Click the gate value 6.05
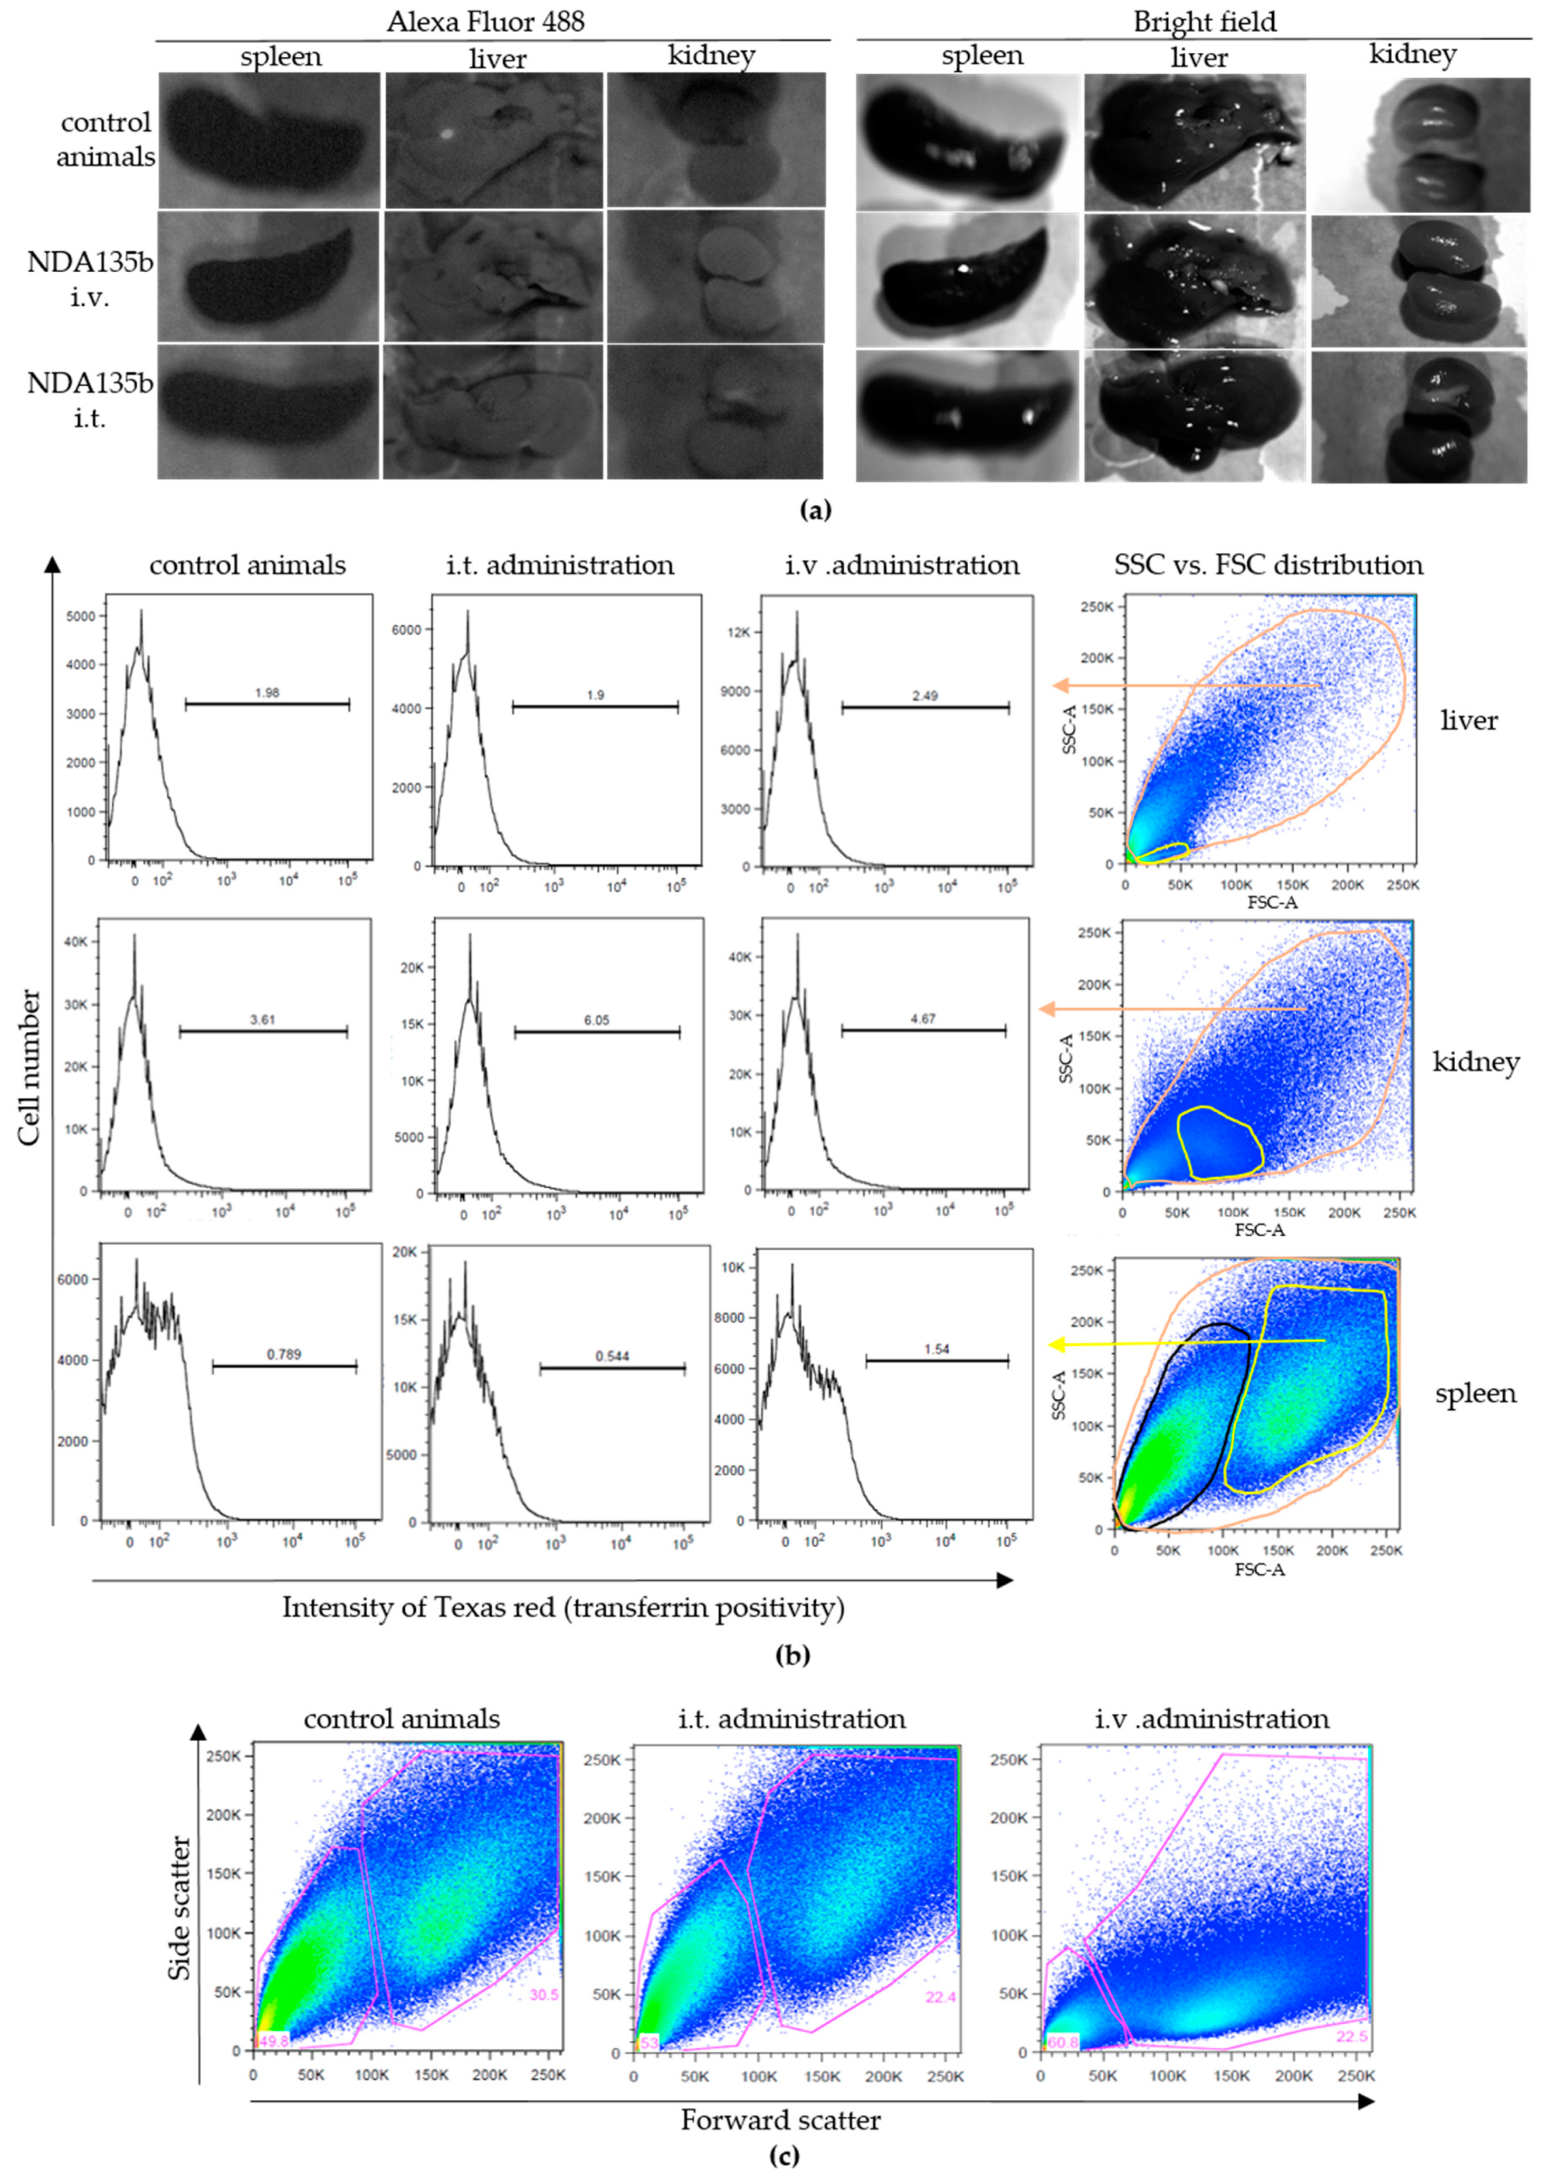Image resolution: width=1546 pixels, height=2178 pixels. point(597,1019)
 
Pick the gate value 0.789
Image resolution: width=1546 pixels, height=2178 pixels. point(284,1354)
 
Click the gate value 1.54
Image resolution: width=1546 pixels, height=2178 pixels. point(937,1349)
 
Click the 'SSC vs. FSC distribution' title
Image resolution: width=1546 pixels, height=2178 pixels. point(1268,566)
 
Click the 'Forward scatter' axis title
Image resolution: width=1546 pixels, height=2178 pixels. point(780,2120)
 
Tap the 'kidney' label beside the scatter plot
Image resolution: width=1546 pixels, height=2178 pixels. point(1475,1062)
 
